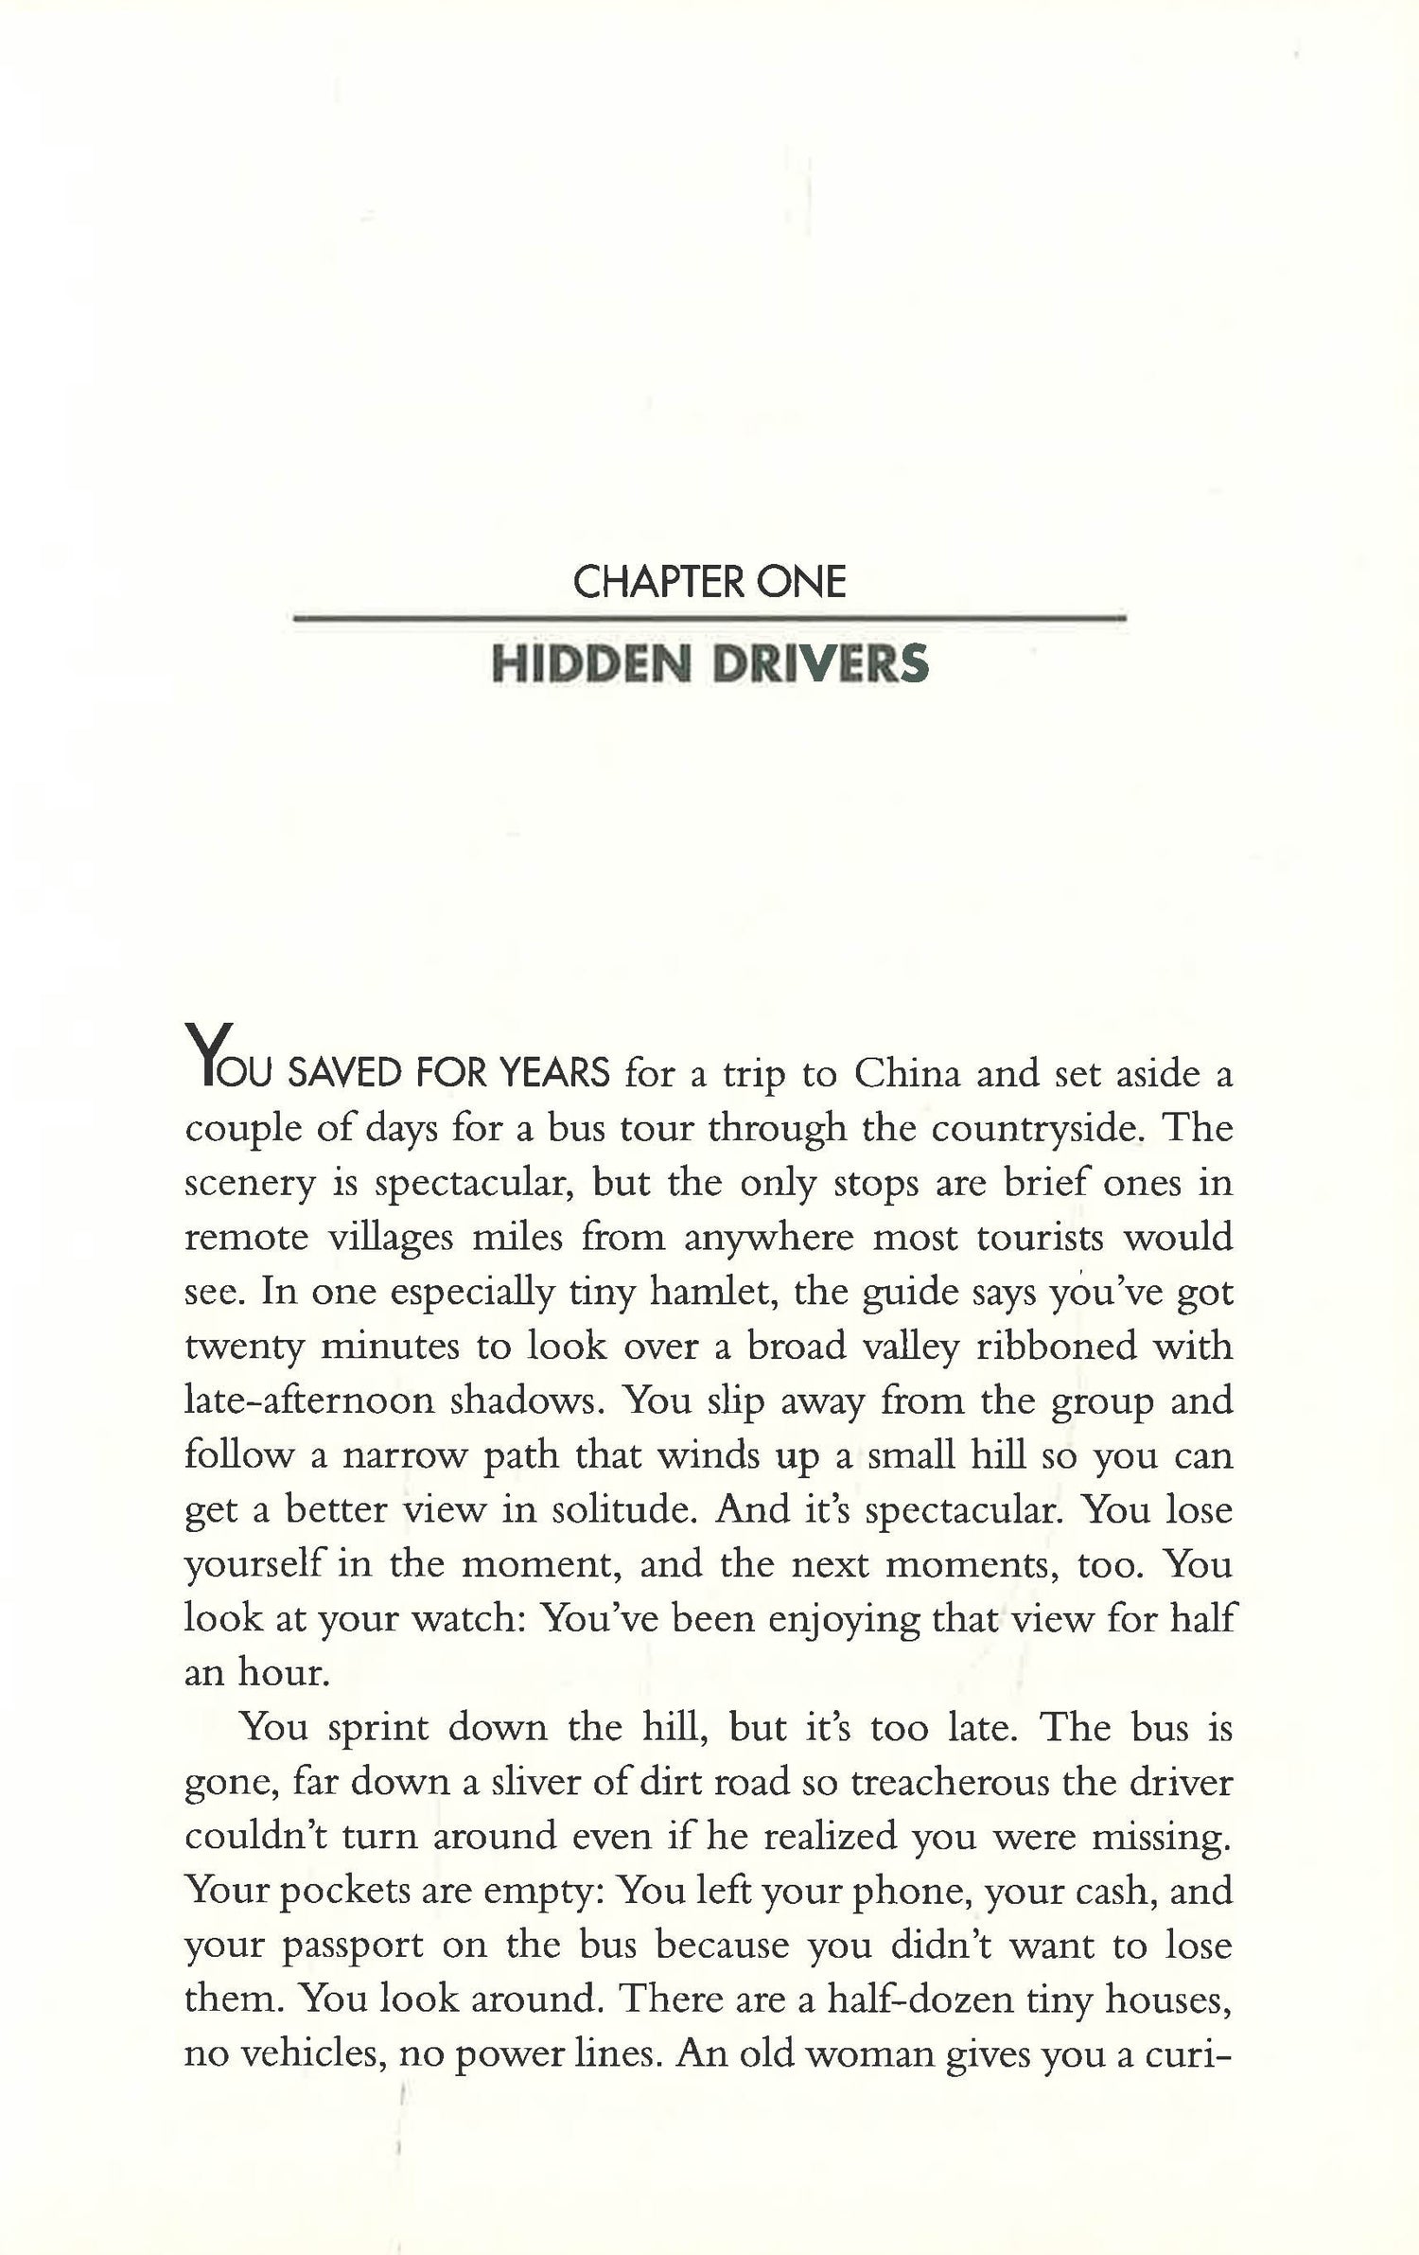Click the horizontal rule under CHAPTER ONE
(x=709, y=620)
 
